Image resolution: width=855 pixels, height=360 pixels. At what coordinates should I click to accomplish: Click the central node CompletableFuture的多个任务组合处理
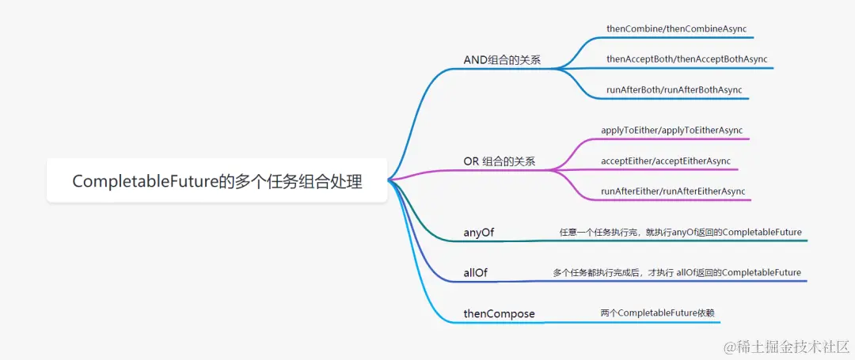point(217,181)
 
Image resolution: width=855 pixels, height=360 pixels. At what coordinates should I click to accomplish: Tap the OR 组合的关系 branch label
point(499,161)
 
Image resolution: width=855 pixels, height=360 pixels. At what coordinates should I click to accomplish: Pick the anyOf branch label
point(479,233)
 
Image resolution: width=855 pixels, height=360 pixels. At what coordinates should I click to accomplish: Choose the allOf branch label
point(476,273)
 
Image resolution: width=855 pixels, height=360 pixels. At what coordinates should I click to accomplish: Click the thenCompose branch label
point(499,314)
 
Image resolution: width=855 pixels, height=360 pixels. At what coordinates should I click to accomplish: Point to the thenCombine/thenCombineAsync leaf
point(676,28)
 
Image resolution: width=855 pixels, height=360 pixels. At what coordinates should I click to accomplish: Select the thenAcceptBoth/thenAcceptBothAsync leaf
point(686,59)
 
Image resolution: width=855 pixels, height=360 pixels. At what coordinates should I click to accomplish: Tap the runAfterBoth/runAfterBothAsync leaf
point(674,90)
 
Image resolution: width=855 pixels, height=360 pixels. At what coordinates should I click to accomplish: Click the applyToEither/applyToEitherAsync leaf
point(671,130)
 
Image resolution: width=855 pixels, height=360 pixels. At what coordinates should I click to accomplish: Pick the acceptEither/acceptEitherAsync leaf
point(665,161)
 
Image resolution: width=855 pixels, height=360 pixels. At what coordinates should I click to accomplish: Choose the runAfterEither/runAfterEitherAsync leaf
point(673,191)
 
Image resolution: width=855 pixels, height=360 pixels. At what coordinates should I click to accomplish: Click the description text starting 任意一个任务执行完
point(680,233)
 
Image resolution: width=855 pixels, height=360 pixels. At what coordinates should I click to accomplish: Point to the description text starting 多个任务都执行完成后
point(676,273)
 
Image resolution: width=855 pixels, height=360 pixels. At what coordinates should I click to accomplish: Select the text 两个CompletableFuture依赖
point(657,313)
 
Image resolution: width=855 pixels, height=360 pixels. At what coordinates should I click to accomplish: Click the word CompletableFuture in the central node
point(145,181)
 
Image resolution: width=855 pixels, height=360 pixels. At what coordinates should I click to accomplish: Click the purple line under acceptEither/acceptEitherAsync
point(665,169)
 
